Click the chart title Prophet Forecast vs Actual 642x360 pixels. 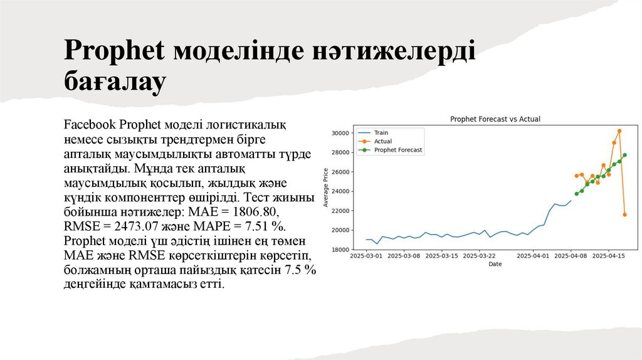click(495, 119)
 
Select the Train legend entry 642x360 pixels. click(381, 133)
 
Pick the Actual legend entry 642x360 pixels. click(382, 142)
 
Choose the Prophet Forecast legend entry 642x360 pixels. click(398, 151)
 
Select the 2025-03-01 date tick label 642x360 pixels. click(366, 256)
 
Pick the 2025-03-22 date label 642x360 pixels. click(480, 256)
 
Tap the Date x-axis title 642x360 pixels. click(495, 264)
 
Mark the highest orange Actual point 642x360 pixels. click(619, 131)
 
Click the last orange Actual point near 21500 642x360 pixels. click(624, 214)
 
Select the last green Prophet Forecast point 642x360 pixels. click(624, 155)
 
